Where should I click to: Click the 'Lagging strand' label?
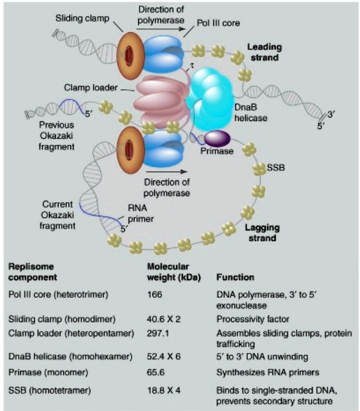(x=260, y=233)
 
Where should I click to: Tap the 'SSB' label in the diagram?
(x=276, y=168)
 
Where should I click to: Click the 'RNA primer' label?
(x=136, y=214)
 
